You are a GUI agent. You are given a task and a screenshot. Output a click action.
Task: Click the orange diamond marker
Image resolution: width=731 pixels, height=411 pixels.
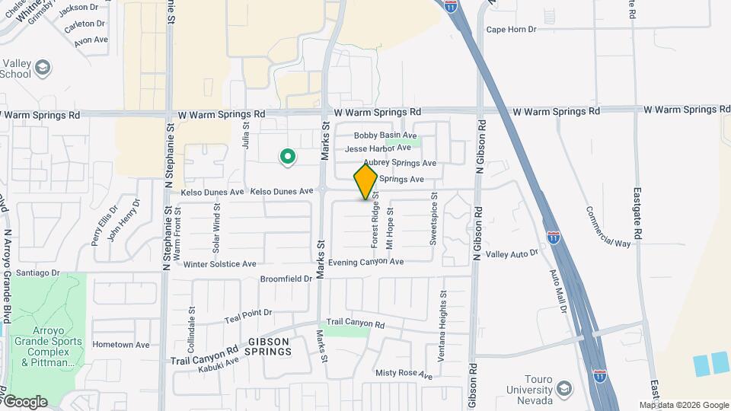[365, 182]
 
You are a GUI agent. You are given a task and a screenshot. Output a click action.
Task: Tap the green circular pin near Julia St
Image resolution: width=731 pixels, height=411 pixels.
[288, 158]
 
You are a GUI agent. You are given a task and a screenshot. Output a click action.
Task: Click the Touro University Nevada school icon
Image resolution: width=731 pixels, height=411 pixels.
[564, 390]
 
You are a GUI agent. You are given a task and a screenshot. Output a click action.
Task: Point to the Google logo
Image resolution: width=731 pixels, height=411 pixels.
[24, 401]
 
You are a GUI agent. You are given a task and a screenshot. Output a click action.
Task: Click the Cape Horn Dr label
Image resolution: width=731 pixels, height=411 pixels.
[511, 30]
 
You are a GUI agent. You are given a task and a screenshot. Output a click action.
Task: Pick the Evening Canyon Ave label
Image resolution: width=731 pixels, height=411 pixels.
[365, 262]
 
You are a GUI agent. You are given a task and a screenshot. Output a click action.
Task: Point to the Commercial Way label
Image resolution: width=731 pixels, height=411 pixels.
[608, 226]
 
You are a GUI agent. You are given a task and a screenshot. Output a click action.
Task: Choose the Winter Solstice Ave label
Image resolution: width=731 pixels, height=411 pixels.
[219, 264]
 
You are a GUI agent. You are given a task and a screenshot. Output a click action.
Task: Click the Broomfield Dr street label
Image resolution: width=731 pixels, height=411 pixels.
[286, 279]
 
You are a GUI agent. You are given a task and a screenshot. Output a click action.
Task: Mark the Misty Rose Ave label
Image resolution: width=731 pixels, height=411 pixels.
[404, 374]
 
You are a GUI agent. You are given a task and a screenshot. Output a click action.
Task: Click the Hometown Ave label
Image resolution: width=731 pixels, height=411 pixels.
[121, 344]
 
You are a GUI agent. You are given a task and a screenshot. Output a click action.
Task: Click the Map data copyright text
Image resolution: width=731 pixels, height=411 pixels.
[683, 405]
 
